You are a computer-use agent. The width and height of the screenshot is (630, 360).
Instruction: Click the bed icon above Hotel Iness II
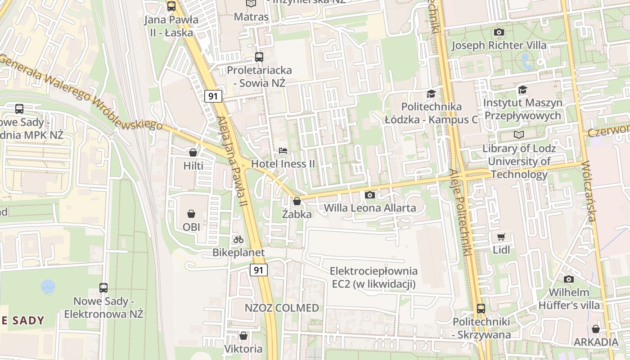(283, 150)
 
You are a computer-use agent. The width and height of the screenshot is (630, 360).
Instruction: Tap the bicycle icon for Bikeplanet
(238, 239)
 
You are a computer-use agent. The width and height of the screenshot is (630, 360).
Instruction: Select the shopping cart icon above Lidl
(501, 237)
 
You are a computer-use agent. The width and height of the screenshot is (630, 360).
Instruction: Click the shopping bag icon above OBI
(191, 213)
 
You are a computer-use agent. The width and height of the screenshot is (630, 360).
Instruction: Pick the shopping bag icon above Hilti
(193, 153)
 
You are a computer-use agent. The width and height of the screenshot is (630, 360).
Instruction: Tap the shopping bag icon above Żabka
(297, 201)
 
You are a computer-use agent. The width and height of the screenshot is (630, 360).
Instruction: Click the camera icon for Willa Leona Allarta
(370, 195)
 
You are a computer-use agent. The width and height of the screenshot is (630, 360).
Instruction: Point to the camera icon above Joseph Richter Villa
(499, 32)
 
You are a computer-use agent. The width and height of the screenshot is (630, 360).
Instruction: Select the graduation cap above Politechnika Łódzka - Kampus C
(431, 94)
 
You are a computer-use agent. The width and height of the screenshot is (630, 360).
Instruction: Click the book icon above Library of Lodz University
(519, 135)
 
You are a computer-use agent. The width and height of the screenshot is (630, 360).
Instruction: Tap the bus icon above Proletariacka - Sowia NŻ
(259, 57)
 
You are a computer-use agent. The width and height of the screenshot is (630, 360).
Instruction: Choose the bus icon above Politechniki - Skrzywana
(481, 309)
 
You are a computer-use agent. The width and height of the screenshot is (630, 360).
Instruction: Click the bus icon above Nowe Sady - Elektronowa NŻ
(103, 288)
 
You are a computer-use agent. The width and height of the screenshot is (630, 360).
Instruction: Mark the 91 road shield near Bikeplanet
(258, 270)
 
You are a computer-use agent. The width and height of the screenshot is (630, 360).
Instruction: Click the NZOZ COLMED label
(282, 308)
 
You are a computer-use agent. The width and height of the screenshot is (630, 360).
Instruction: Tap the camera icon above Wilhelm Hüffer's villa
(569, 279)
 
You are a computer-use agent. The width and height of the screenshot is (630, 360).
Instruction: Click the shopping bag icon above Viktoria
(243, 336)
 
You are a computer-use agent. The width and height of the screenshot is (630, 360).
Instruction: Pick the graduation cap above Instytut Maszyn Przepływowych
(522, 90)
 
